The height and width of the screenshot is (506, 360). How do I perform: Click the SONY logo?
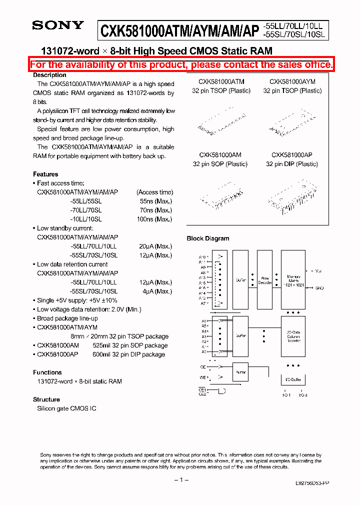(x=58, y=25)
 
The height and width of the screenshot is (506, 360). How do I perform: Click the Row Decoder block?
(x=264, y=280)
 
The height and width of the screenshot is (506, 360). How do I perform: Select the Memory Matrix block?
(x=293, y=280)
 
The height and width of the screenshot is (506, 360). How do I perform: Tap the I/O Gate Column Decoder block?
(x=293, y=338)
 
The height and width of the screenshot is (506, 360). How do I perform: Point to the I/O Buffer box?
(x=293, y=380)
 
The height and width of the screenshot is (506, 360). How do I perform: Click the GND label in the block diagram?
(x=319, y=288)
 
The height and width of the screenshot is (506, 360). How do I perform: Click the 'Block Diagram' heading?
(x=208, y=238)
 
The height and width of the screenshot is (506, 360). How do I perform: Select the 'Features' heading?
(x=45, y=174)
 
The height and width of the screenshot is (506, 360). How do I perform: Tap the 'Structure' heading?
(x=46, y=399)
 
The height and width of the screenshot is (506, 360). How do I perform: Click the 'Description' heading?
(x=49, y=75)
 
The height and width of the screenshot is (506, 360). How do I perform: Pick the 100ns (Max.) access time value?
(x=155, y=219)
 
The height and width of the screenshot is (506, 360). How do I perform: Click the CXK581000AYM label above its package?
(x=292, y=81)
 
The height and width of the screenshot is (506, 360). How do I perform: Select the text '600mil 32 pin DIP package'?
(x=129, y=354)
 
